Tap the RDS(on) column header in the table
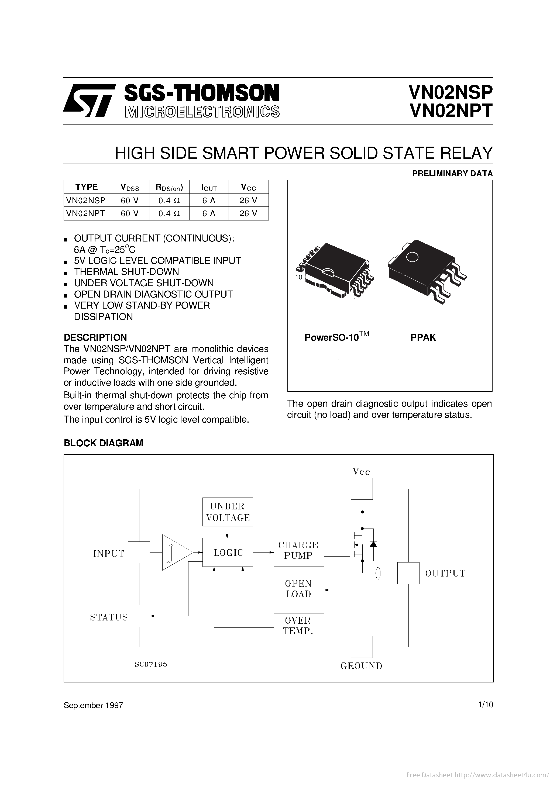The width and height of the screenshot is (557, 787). coord(169,187)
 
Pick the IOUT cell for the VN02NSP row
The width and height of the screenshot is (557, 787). coord(209,200)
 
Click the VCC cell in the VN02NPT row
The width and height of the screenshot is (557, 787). coord(248,213)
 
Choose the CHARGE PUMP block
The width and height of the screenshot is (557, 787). coord(299,552)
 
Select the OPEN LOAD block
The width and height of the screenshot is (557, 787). coord(299,590)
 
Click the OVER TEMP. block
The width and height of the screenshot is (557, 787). coord(299,627)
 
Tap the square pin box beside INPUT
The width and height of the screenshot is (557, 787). coord(139,552)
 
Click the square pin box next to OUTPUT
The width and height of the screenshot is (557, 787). coord(408,573)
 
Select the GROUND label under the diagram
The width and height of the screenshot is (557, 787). coord(361,666)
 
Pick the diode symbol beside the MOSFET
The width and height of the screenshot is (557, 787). coord(373,544)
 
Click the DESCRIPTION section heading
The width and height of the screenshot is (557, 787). coord(95,337)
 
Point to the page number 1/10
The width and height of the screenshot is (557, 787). coord(485,705)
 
